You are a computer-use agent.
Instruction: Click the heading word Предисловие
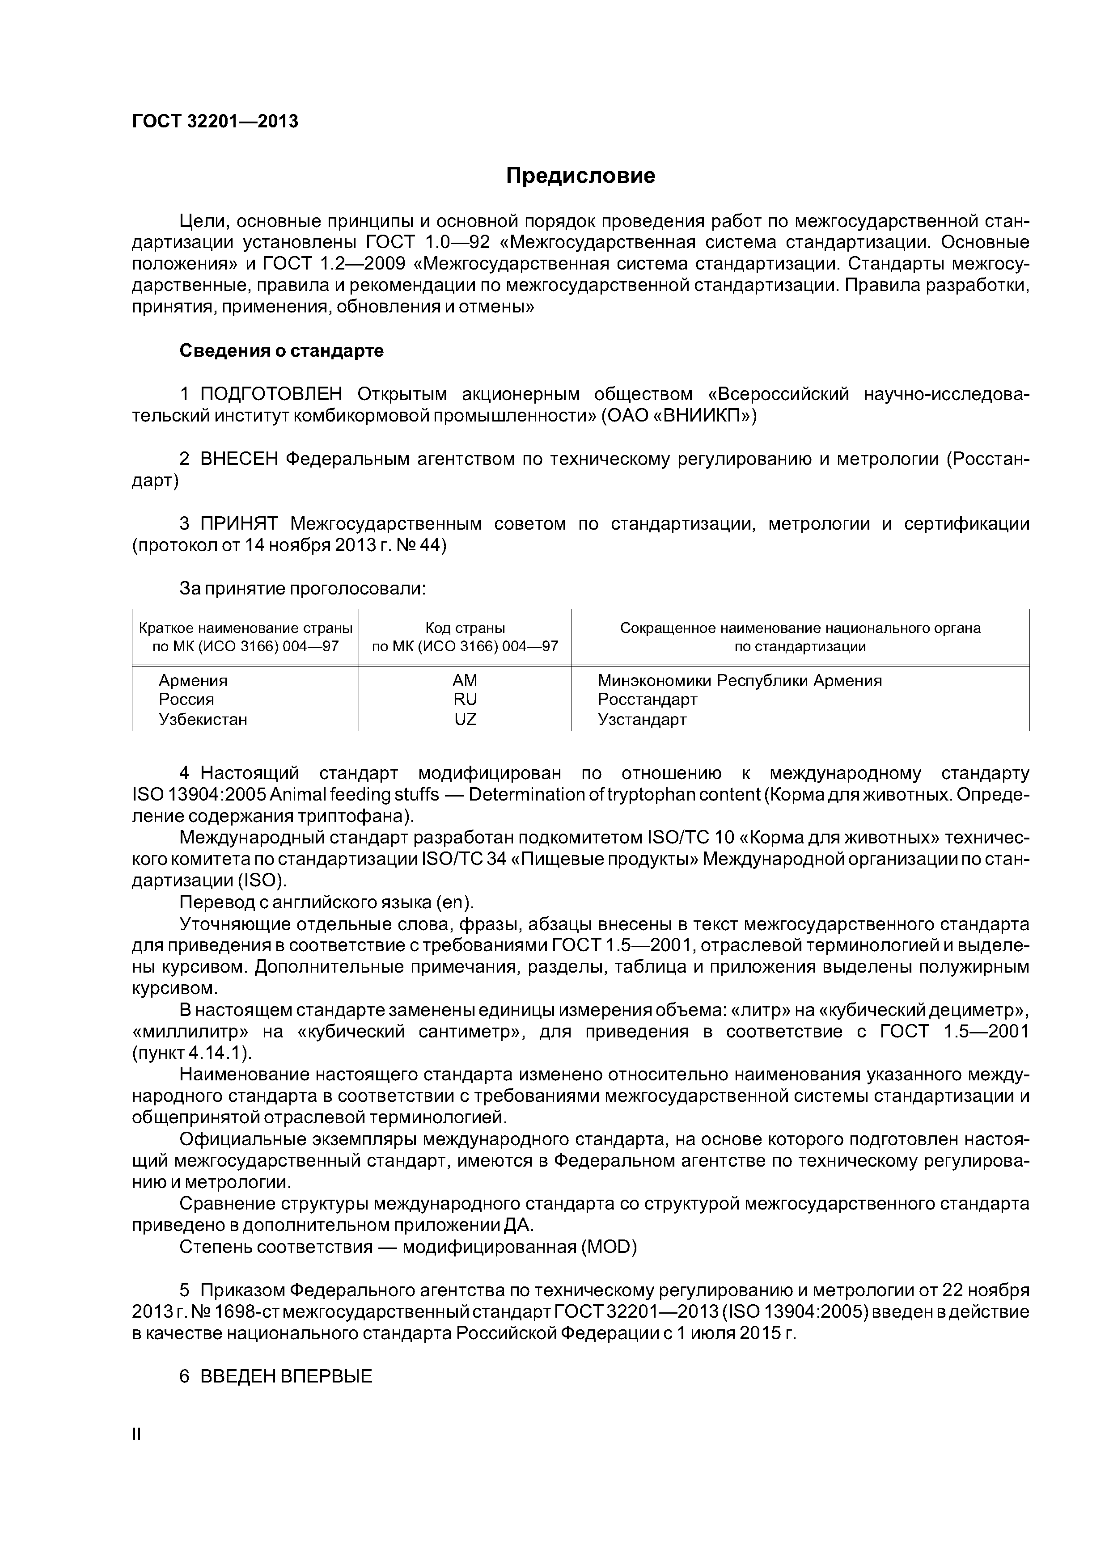coord(580,176)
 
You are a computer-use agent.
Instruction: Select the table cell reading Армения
coord(193,681)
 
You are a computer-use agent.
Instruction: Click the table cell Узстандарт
coord(642,719)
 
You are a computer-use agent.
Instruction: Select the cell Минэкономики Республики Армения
coord(739,681)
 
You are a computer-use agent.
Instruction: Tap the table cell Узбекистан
coord(203,719)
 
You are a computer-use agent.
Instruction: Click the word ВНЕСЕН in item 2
coord(239,459)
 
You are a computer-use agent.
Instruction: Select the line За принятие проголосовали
coord(303,589)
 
